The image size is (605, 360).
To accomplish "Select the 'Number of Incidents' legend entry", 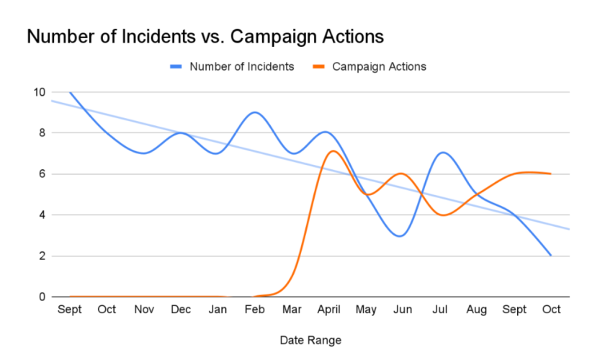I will click(x=241, y=67).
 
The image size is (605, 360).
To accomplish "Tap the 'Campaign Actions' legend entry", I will click(x=379, y=67).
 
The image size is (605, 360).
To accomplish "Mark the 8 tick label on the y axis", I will click(x=41, y=133).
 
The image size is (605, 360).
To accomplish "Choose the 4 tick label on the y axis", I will click(x=41, y=215).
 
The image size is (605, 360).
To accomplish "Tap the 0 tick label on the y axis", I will click(x=41, y=297).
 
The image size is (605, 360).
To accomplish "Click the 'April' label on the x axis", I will click(x=330, y=310).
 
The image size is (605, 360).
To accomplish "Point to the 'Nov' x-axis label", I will click(x=145, y=310).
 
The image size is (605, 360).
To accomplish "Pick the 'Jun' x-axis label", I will click(x=403, y=310).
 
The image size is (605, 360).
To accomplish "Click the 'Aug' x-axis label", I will click(x=478, y=310).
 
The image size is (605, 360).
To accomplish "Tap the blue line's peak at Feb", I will click(x=255, y=112).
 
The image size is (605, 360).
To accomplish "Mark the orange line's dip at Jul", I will click(x=441, y=215).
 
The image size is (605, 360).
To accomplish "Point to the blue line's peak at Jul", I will click(x=442, y=153).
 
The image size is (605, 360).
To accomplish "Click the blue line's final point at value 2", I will click(x=551, y=256).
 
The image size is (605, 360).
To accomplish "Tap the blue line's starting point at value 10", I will click(x=70, y=92).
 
